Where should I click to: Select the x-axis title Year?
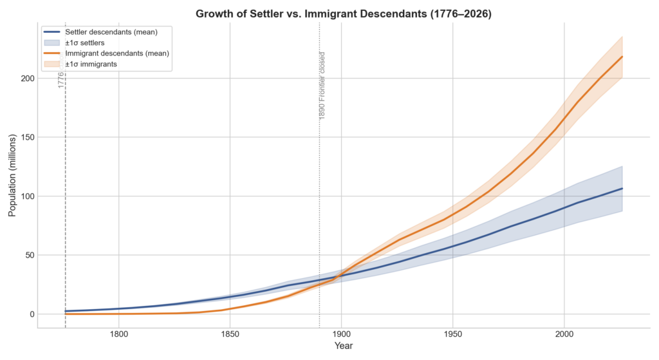pyautogui.click(x=342, y=346)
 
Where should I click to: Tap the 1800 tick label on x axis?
pyautogui.click(x=118, y=334)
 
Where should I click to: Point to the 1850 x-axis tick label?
pyautogui.click(x=230, y=334)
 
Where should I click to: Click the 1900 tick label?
pyautogui.click(x=341, y=334)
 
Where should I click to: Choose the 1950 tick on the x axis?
pyautogui.click(x=452, y=334)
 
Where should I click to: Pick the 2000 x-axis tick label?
pyautogui.click(x=564, y=334)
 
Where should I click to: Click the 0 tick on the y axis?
pyautogui.click(x=30, y=314)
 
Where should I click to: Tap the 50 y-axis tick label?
pyautogui.click(x=28, y=255)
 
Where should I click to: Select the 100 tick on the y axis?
pyautogui.click(x=25, y=196)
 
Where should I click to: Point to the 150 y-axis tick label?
pyautogui.click(x=25, y=137)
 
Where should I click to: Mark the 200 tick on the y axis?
pyautogui.click(x=25, y=79)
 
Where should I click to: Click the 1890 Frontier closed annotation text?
pyautogui.click(x=322, y=85)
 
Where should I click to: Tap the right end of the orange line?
pyautogui.click(x=622, y=57)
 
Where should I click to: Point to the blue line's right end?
pyautogui.click(x=622, y=188)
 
